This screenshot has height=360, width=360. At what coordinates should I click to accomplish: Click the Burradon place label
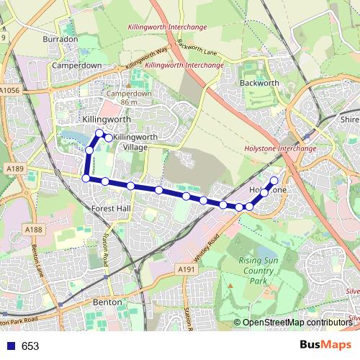coord(60,38)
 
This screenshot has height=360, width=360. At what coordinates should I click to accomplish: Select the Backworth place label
coord(259,83)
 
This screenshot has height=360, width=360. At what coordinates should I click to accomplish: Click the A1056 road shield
coord(11,91)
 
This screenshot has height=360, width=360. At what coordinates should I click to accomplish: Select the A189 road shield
coord(12,168)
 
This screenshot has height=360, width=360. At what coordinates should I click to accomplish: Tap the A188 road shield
coord(33,229)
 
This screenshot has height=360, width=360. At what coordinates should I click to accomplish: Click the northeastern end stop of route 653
coord(274,181)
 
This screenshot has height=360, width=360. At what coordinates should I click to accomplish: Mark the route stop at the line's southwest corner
coord(86,179)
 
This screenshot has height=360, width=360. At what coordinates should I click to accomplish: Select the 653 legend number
coord(30,346)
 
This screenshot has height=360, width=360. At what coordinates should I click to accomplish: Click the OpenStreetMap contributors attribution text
coord(297,323)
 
